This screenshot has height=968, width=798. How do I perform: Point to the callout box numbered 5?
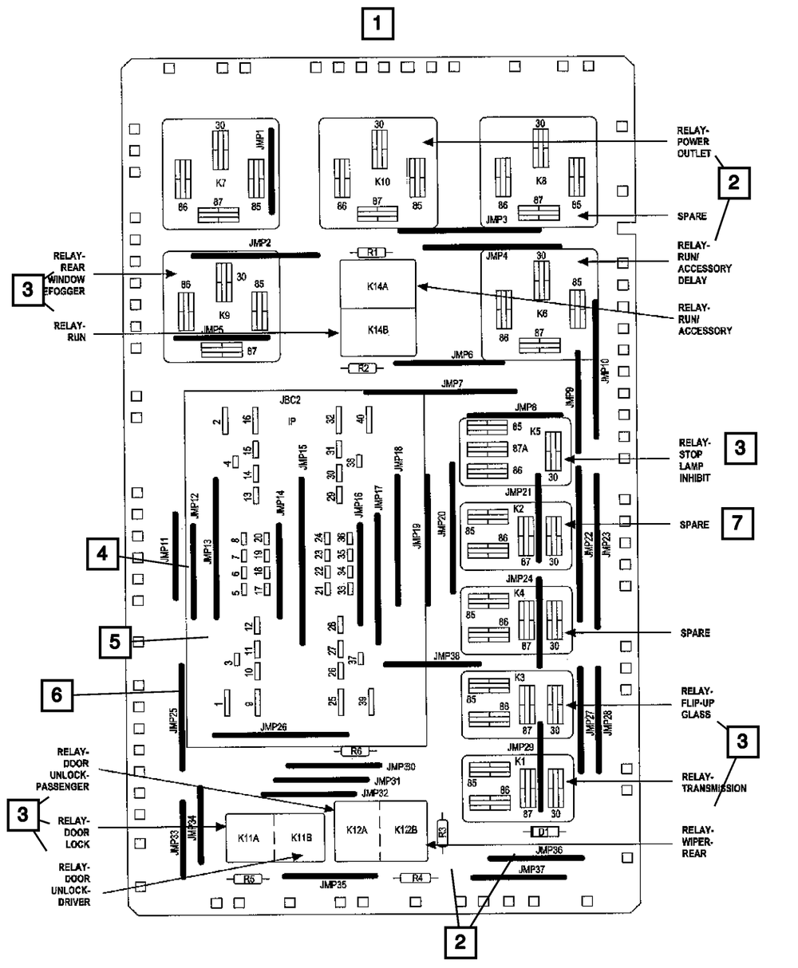pyautogui.click(x=115, y=640)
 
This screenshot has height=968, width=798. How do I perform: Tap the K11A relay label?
pyautogui.click(x=250, y=838)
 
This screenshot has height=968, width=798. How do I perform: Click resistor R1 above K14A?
pyautogui.click(x=371, y=253)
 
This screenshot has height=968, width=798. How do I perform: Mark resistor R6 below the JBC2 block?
pyautogui.click(x=355, y=751)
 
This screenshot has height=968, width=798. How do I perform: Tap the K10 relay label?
pyautogui.click(x=383, y=181)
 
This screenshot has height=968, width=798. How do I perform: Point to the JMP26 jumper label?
pyautogui.click(x=274, y=727)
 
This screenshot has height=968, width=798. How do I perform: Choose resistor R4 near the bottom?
pyautogui.click(x=415, y=879)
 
